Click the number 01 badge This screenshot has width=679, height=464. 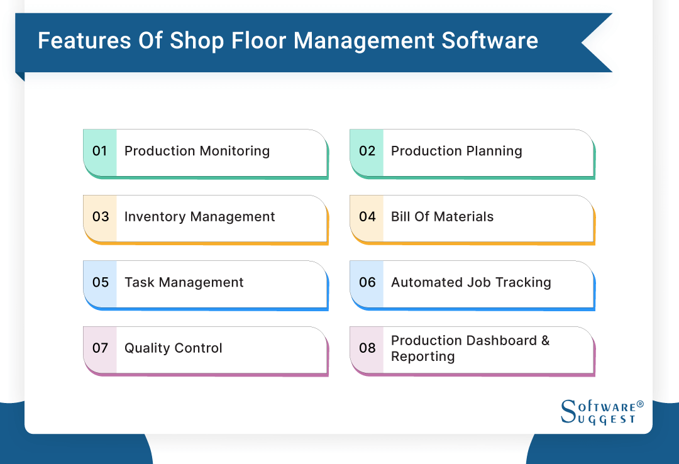click(x=100, y=152)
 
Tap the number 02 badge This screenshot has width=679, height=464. click(x=367, y=152)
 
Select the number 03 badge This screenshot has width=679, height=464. click(x=101, y=217)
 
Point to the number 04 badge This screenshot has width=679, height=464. click(x=367, y=217)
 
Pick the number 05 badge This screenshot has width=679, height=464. click(x=101, y=283)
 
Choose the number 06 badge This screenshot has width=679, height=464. click(x=367, y=283)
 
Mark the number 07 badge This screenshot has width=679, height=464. click(x=101, y=348)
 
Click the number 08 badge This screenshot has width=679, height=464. click(x=367, y=348)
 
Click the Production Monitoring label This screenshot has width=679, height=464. click(x=197, y=152)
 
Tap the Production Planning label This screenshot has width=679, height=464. click(x=456, y=152)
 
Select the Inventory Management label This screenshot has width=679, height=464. click(x=199, y=217)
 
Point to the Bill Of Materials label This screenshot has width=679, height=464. click(x=442, y=217)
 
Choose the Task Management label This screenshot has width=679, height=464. click(x=184, y=283)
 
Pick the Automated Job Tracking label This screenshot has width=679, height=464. click(x=471, y=283)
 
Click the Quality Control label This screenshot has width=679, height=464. click(x=173, y=348)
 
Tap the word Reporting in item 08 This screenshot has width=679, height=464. click(x=422, y=356)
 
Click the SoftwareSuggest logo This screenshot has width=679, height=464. click(x=600, y=412)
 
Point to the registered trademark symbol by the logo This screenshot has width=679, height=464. click(x=640, y=404)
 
